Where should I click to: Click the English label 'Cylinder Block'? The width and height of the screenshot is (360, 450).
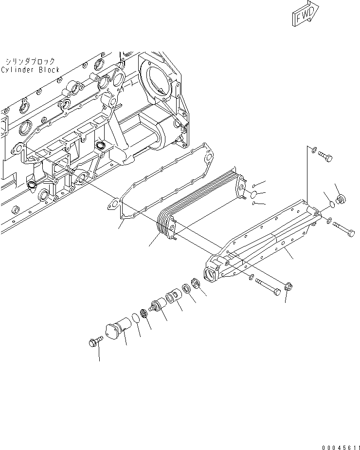point(30,70)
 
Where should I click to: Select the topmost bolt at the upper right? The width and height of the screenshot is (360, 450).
point(325,157)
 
